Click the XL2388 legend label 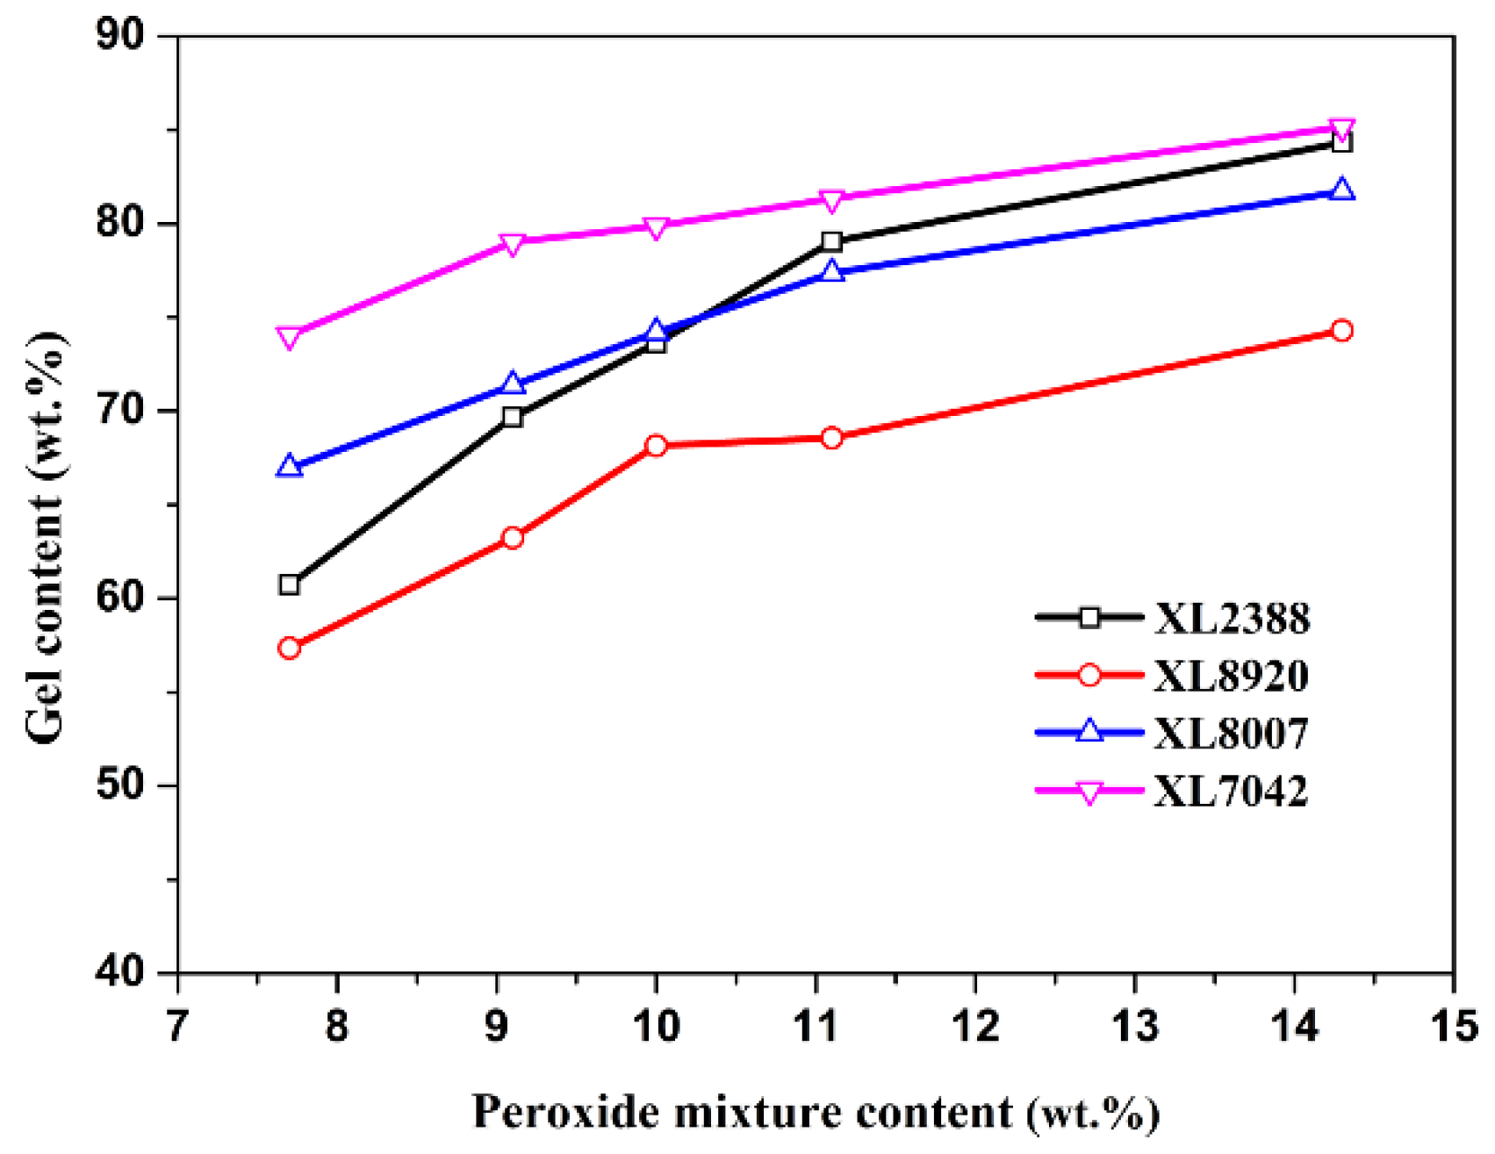pyautogui.click(x=1231, y=619)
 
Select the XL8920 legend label pyautogui.click(x=1231, y=676)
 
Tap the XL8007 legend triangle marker pyautogui.click(x=1089, y=732)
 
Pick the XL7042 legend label pyautogui.click(x=1231, y=792)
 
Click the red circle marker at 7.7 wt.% pyautogui.click(x=290, y=649)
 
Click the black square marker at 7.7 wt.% pyautogui.click(x=290, y=585)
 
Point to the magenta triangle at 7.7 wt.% pyautogui.click(x=290, y=337)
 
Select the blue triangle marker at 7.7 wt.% pyautogui.click(x=290, y=467)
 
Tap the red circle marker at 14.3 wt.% pyautogui.click(x=1341, y=331)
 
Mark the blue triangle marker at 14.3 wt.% pyautogui.click(x=1341, y=190)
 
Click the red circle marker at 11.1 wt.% pyautogui.click(x=832, y=438)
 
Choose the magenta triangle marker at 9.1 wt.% pyautogui.click(x=513, y=243)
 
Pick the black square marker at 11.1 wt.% pyautogui.click(x=832, y=241)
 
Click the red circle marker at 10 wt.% pyautogui.click(x=656, y=446)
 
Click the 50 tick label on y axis pyautogui.click(x=120, y=785)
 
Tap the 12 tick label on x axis pyautogui.click(x=975, y=1026)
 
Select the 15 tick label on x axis pyautogui.click(x=1454, y=1026)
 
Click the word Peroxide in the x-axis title pyautogui.click(x=566, y=1113)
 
